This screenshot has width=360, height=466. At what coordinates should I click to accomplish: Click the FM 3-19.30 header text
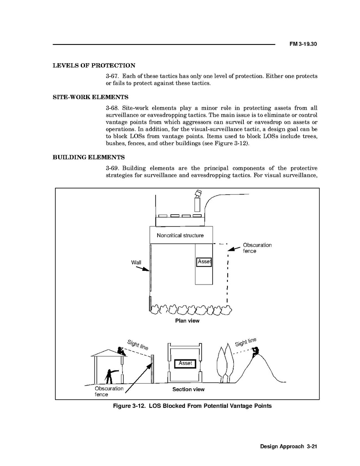[303, 44]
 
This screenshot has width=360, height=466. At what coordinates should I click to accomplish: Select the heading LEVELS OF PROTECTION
[94, 66]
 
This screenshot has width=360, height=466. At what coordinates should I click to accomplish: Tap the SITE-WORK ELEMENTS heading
[90, 97]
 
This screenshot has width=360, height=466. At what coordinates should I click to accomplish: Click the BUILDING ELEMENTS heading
[89, 157]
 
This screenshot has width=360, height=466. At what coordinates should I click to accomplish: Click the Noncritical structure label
[180, 235]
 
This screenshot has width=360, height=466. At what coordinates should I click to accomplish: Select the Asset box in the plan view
[204, 261]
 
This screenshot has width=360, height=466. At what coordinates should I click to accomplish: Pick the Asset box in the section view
[185, 363]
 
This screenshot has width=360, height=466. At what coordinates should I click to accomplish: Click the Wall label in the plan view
[136, 262]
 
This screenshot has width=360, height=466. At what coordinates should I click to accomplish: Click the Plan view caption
[187, 321]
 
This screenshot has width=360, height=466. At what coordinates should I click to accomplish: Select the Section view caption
[188, 389]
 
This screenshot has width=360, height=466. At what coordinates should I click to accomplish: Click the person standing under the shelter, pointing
[110, 376]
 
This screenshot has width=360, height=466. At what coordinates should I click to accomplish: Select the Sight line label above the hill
[246, 342]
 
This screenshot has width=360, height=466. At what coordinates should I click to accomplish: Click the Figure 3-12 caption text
[192, 406]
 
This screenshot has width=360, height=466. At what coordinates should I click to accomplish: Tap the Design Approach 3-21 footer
[288, 447]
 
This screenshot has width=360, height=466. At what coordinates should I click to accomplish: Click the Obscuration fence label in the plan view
[257, 248]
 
